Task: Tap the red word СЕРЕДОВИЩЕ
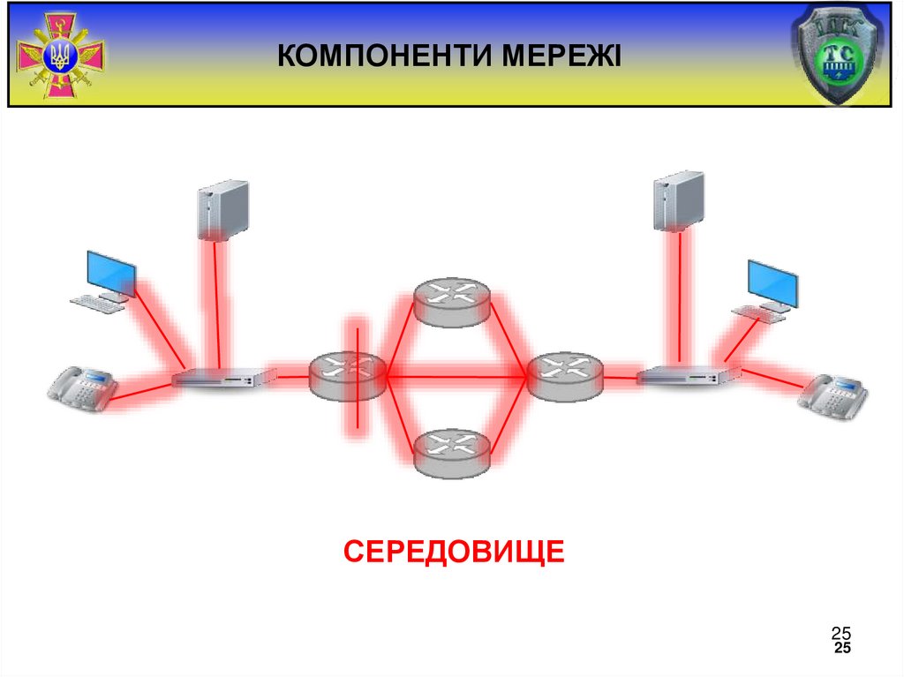click(454, 552)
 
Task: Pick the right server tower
click(679, 200)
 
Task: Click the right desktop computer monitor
click(772, 282)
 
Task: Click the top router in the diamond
click(452, 301)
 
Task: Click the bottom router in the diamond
click(452, 453)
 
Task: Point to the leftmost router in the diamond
click(348, 375)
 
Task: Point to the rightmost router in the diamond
click(564, 375)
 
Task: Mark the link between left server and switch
click(212, 305)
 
